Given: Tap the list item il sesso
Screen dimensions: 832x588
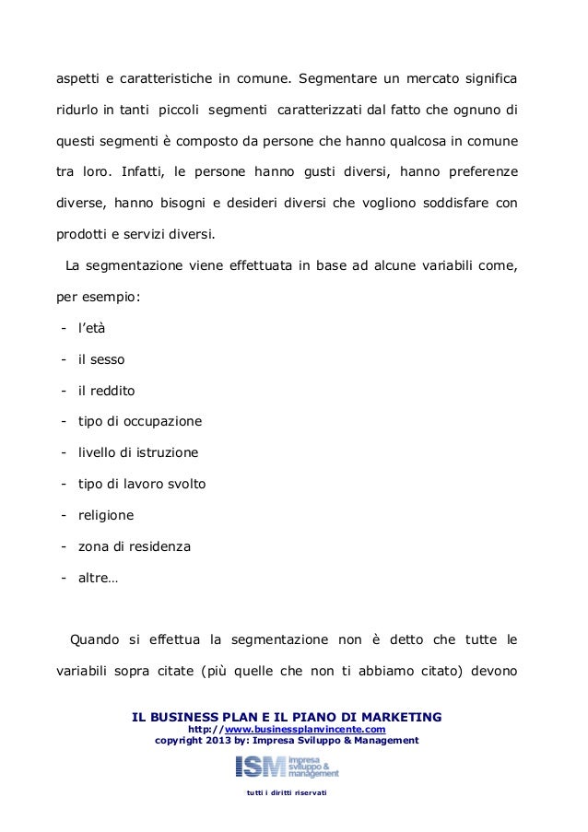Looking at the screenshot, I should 100,358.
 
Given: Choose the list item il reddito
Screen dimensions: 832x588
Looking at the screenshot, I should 106,390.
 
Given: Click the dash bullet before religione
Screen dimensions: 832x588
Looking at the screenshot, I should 62,515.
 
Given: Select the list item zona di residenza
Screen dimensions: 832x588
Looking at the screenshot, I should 134,546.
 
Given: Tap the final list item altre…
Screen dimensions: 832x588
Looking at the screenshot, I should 97,578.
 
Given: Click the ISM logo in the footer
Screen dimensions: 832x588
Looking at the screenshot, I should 287,766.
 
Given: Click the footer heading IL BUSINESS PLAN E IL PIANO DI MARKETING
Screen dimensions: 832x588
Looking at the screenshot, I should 287,716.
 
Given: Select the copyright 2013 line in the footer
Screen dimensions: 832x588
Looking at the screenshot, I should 287,740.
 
